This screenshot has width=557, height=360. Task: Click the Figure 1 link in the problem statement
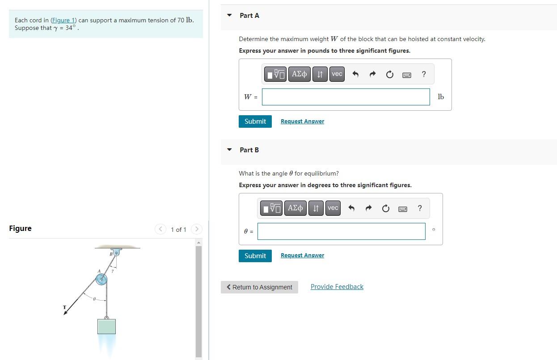63,21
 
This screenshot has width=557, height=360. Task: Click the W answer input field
346,97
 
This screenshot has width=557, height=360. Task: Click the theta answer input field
341,231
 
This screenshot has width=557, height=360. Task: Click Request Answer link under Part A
302,121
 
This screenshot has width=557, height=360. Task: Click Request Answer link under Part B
302,255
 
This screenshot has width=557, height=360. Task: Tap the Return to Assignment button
259,287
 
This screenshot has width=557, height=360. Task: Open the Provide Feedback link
337,287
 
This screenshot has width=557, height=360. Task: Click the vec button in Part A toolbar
337,74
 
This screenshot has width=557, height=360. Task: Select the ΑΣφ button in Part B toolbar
295,208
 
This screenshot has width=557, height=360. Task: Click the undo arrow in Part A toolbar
355,75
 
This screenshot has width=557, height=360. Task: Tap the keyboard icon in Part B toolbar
402,209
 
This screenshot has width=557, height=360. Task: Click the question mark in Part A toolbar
424,74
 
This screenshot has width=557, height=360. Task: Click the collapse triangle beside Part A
229,16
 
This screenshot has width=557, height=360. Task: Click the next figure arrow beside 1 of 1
196,229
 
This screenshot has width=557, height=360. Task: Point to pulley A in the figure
101,280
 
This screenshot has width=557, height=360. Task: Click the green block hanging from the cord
106,326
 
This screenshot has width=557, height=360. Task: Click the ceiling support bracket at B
116,252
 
